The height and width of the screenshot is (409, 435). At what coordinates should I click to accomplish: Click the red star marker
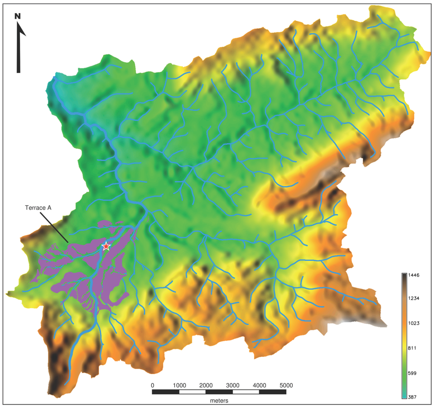coord(106,246)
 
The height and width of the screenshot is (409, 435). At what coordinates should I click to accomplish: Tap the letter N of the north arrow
coord(17,16)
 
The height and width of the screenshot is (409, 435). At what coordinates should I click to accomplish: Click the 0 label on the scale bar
coord(153,385)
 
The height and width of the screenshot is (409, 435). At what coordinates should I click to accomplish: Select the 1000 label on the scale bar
coord(179,385)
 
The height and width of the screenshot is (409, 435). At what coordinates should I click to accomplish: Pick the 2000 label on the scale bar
coord(206,385)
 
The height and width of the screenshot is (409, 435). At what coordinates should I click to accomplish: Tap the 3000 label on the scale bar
coord(232,385)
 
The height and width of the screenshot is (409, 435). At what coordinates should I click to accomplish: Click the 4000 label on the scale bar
coord(259,385)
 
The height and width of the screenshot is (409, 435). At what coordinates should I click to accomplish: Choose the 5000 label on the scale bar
coord(286,385)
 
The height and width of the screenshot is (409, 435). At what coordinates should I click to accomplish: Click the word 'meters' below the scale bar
coord(219,400)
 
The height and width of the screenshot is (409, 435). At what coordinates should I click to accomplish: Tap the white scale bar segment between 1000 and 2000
coord(192,392)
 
